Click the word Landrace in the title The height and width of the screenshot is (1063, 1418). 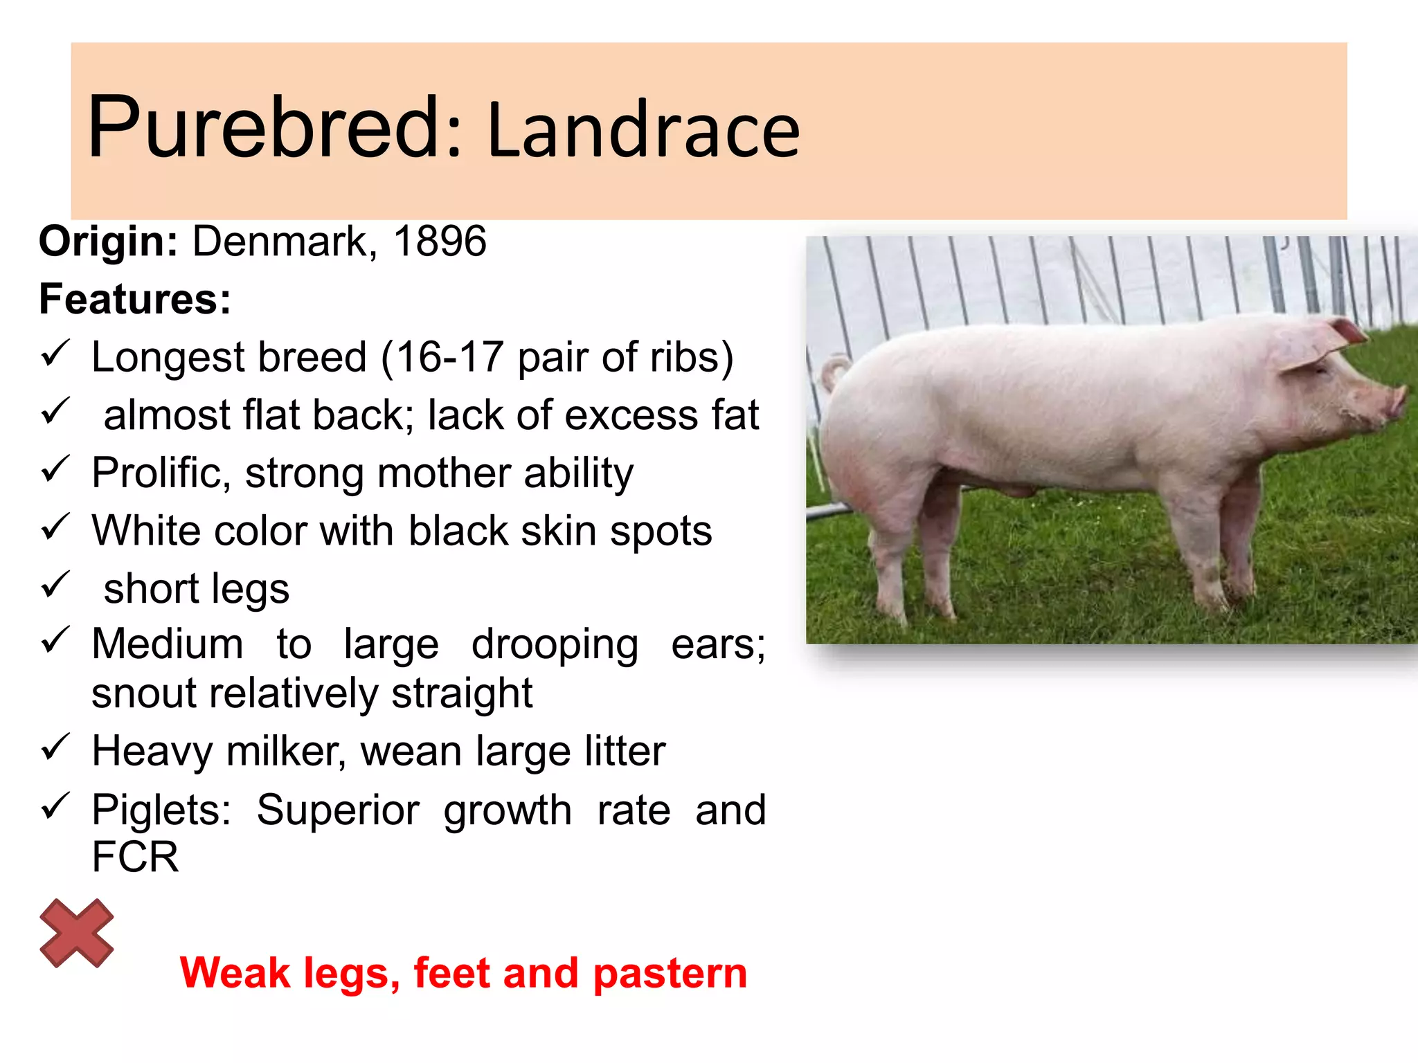[x=644, y=130]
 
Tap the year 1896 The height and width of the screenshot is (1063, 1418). [x=440, y=242]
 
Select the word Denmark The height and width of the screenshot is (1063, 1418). [x=284, y=242]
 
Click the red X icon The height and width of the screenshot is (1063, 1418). [x=76, y=933]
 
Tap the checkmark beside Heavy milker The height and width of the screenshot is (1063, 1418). [x=55, y=747]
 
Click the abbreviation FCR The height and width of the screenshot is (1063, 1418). [x=135, y=857]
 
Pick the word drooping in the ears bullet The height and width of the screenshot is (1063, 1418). [x=555, y=645]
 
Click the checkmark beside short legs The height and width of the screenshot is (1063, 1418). [x=55, y=585]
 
